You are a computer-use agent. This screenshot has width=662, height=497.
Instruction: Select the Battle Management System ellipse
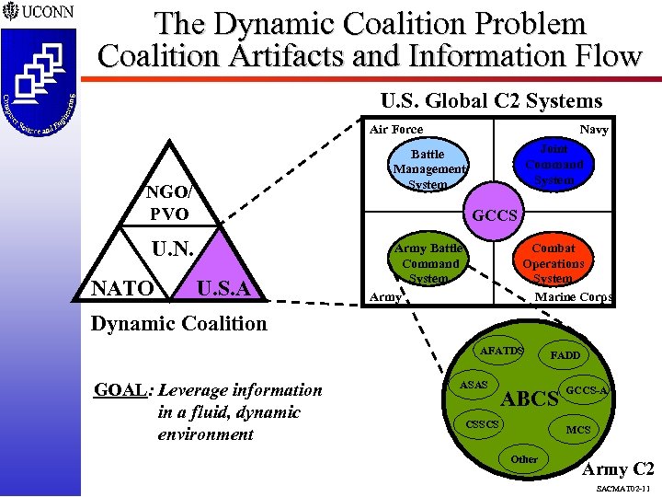click(428, 169)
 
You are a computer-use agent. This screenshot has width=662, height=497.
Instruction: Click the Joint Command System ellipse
click(554, 164)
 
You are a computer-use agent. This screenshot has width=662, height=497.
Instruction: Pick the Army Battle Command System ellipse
click(428, 263)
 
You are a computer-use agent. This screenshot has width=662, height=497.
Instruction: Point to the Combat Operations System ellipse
click(554, 263)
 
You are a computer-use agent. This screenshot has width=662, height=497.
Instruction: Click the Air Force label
click(396, 130)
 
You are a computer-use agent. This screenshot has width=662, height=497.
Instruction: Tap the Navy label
click(593, 130)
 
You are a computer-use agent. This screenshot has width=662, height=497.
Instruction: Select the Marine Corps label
click(573, 297)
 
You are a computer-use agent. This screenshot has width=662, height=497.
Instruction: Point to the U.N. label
click(173, 249)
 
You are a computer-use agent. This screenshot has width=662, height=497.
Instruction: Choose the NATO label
click(122, 290)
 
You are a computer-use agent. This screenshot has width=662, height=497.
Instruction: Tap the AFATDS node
click(502, 351)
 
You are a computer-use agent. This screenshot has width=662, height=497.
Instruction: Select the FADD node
click(565, 355)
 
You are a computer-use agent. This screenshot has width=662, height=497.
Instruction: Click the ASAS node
click(474, 384)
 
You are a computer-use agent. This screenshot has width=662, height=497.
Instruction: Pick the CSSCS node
click(483, 424)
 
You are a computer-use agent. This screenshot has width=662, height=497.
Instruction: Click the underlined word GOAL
click(120, 390)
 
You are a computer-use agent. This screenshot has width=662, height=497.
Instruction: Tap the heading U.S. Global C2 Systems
click(491, 101)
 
